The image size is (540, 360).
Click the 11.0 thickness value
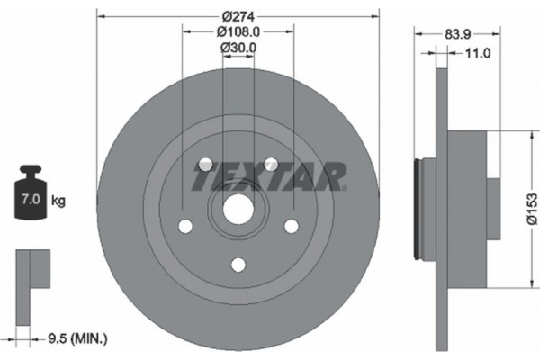474,53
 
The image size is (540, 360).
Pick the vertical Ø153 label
532,211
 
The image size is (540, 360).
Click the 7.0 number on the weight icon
30,194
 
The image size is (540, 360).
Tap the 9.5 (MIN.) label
77,338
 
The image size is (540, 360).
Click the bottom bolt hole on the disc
238,264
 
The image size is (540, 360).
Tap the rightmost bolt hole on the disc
291,227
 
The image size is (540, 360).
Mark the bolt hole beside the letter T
204,165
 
